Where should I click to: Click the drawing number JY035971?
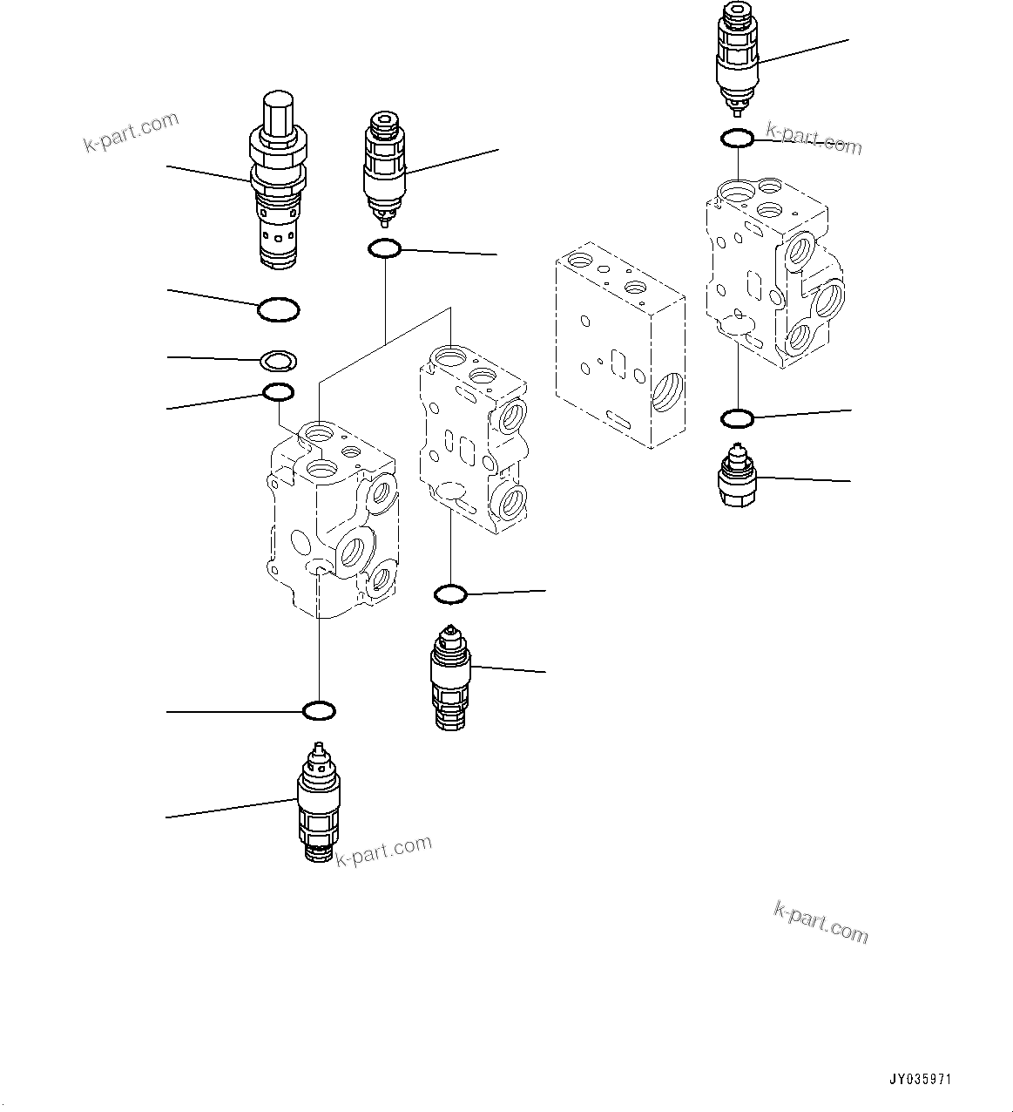pos(921,1079)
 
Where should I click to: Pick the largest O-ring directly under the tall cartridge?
pos(279,309)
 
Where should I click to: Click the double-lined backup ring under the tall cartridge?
pos(279,359)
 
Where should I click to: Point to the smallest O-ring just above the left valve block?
pos(278,393)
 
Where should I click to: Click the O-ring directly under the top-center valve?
pos(384,249)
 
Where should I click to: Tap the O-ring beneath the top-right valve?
pos(737,138)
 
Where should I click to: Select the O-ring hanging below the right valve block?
pos(737,419)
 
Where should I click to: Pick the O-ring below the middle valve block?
pos(450,594)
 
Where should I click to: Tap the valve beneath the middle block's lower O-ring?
pos(450,675)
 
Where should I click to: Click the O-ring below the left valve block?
pos(319,711)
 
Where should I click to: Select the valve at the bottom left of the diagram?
pos(318,802)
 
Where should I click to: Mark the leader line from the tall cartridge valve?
pos(209,173)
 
